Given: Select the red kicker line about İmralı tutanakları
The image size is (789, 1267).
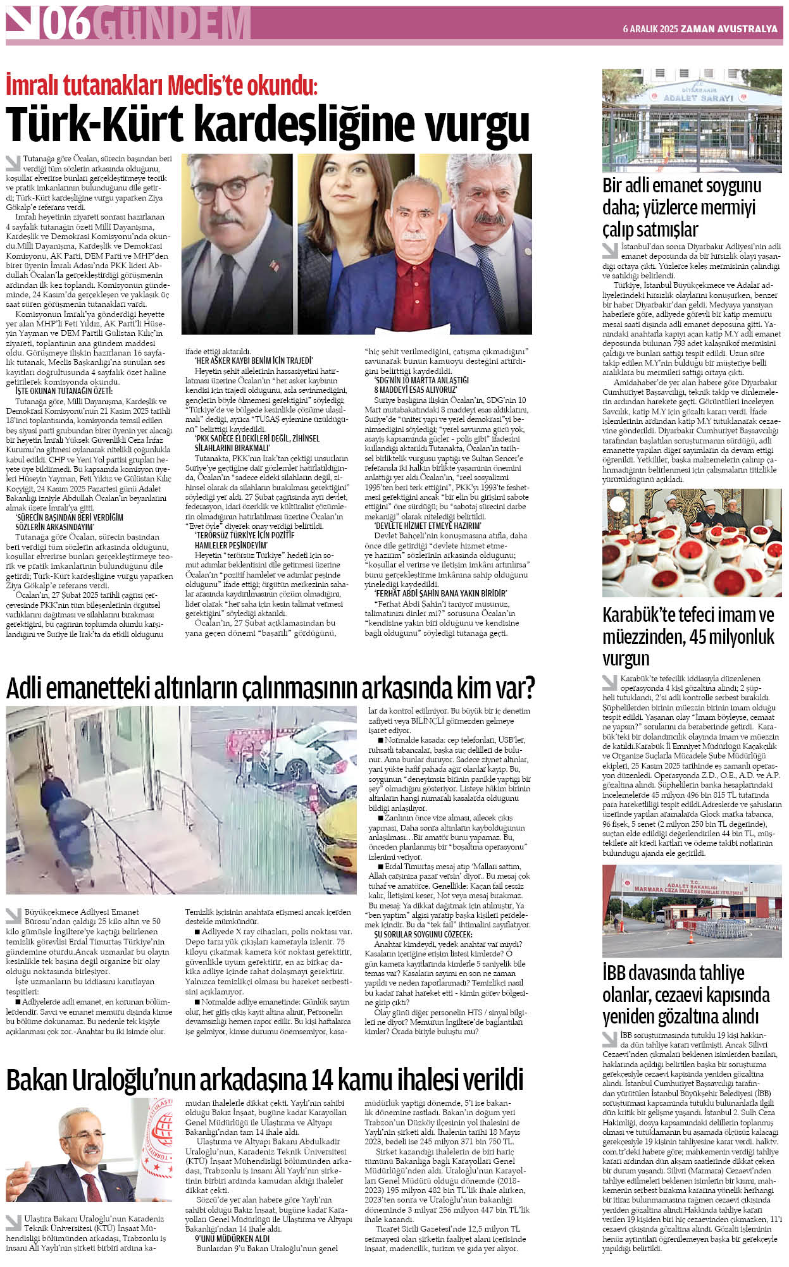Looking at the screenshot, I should pos(161,85).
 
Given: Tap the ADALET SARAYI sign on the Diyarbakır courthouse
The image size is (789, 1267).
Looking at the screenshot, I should pos(699,99).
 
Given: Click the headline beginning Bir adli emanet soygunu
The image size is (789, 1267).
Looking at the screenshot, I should pos(681,207).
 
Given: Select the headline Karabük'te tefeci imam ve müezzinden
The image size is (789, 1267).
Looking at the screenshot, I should pos(688,636).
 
